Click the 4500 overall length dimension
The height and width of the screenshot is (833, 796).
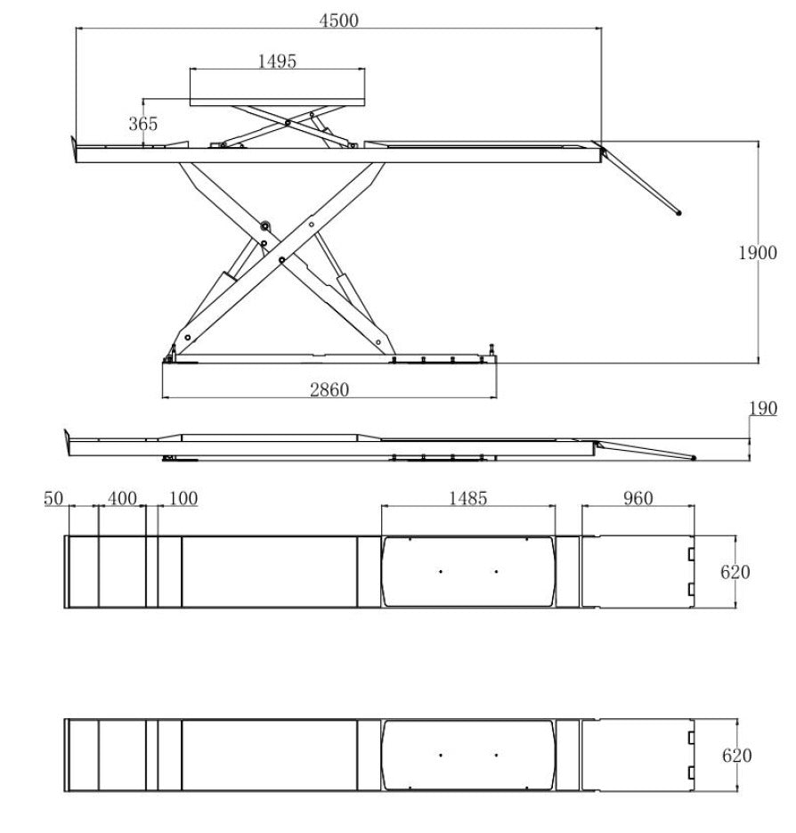[x=339, y=20]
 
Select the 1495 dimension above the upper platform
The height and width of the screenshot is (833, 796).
[x=277, y=61]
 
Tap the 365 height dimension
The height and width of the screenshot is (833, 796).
[x=143, y=124]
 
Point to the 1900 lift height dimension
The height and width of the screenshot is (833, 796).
[x=758, y=252]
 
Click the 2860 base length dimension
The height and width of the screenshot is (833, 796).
[x=329, y=390]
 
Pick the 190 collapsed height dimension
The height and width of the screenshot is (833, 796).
[x=763, y=408]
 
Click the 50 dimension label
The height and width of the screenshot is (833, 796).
[x=53, y=498]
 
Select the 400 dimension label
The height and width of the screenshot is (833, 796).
[x=122, y=498]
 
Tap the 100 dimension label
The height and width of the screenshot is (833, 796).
[x=183, y=498]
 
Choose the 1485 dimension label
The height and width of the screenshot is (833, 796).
[x=467, y=498]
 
